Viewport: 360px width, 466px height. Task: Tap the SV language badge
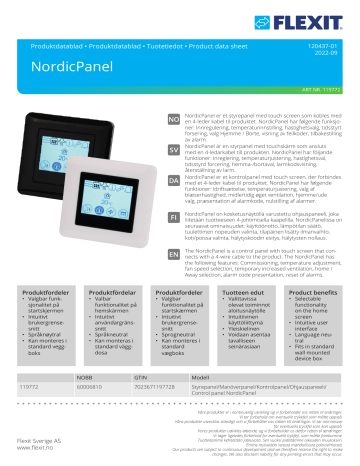click(173, 146)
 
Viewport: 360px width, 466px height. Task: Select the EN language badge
click(173, 254)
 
